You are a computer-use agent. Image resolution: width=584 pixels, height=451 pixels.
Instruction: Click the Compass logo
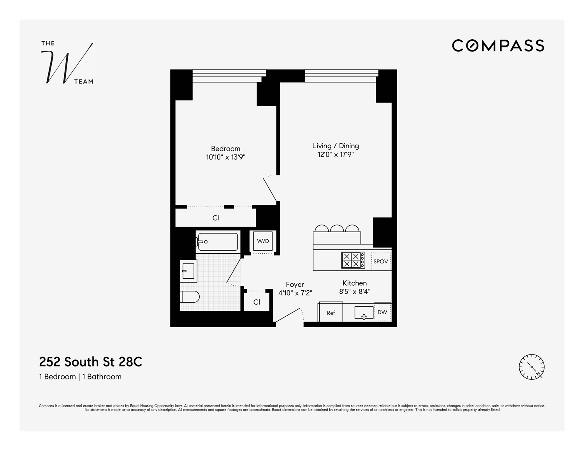point(498,46)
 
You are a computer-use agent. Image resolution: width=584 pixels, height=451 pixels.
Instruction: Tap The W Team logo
point(67,63)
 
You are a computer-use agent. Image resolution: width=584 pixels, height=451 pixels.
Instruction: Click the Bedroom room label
point(225,149)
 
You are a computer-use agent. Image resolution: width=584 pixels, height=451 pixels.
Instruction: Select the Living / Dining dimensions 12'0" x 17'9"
point(336,154)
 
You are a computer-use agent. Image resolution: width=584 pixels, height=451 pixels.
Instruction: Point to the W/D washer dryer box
point(263,241)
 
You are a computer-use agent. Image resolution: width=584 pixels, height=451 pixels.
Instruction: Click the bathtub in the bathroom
point(217,242)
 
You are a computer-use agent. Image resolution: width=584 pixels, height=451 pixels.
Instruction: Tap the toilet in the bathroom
point(190,297)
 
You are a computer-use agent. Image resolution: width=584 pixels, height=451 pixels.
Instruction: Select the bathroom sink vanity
point(189,270)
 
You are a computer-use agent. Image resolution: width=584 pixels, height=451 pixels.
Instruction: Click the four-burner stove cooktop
point(353,260)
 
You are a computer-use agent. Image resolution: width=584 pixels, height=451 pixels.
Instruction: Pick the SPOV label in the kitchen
point(380,261)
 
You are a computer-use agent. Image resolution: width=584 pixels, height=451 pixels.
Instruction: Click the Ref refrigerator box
point(331,312)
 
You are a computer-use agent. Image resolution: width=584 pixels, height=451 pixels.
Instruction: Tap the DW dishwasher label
point(382,312)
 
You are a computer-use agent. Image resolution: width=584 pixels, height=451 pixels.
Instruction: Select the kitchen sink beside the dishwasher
point(364,313)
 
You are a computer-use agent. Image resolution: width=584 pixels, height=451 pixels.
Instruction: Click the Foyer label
point(295,284)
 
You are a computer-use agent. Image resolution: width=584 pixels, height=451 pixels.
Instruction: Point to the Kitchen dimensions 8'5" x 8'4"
point(354,292)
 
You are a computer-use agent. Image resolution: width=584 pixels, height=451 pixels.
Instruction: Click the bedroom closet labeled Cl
point(216,218)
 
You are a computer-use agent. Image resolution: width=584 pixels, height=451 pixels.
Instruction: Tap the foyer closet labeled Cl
point(257,302)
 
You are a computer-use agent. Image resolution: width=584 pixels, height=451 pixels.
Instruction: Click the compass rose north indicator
point(531,367)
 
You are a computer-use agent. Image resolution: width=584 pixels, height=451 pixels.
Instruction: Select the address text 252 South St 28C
point(91,362)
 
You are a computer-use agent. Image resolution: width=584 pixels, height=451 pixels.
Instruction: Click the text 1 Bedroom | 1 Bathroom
point(80,377)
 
